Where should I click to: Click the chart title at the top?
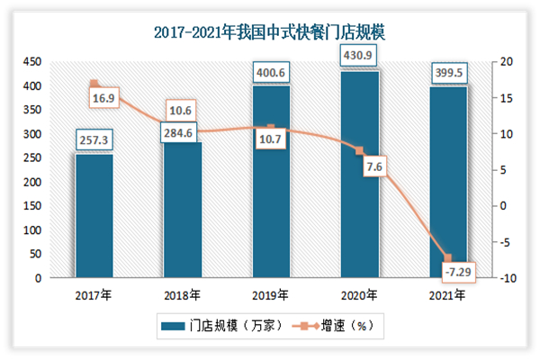point(269,33)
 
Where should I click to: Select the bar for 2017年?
point(94,216)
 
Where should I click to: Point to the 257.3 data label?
point(94,141)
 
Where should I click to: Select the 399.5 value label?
point(448,71)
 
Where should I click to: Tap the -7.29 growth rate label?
point(460,270)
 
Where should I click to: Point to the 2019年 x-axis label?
point(271,294)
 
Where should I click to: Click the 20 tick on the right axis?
point(509,61)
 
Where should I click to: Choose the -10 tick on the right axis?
point(509,279)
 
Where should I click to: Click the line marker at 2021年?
point(448,258)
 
